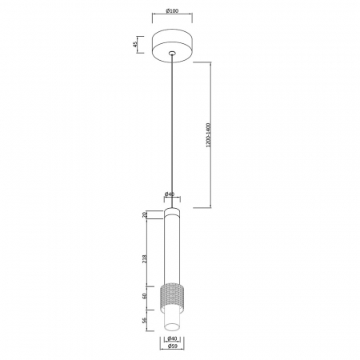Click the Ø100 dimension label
tap(172, 11)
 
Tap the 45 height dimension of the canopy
tap(135, 44)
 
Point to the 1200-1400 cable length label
tap(208, 135)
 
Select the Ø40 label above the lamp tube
tap(170, 194)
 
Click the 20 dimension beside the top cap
tap(145, 214)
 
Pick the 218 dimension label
tap(145, 259)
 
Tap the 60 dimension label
tap(145, 296)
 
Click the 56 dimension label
tap(145, 320)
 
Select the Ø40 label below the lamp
tap(172, 338)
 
